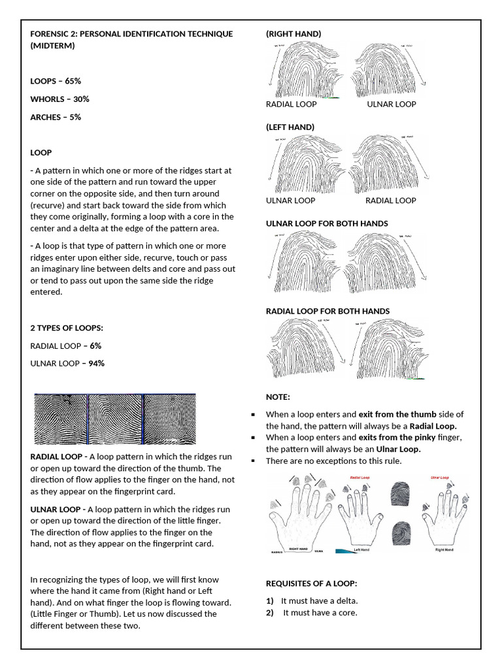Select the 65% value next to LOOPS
(73, 81)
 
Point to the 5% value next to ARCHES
(75, 117)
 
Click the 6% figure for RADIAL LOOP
(96, 346)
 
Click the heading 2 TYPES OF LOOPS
(67, 327)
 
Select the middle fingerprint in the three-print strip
(114, 419)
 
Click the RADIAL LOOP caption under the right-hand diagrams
(291, 105)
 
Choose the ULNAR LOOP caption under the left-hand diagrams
(290, 201)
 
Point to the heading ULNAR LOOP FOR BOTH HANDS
(327, 223)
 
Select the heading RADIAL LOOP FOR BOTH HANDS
(327, 311)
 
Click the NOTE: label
(278, 397)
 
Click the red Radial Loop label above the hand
(361, 478)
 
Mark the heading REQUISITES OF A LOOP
(310, 583)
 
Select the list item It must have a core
(320, 613)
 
